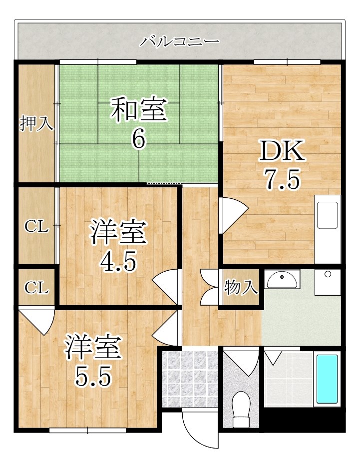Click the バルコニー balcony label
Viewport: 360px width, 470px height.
click(179, 40)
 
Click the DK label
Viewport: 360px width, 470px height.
click(282, 151)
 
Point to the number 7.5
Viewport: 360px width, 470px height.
click(282, 180)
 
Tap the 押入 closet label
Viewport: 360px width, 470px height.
click(36, 123)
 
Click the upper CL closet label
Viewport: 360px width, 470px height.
click(37, 227)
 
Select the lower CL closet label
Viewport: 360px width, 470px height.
click(37, 288)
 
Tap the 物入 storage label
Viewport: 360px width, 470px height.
click(241, 288)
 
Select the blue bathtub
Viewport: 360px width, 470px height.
click(327, 379)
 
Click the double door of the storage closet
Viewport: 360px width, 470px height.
click(210, 288)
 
